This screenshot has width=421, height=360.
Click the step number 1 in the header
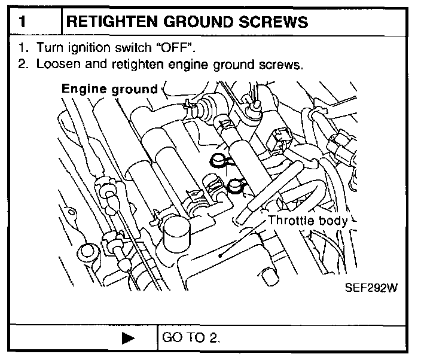click(22, 22)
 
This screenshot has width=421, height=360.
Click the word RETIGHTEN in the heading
click(112, 22)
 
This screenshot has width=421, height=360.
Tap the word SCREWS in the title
click(276, 22)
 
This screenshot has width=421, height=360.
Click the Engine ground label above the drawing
click(109, 89)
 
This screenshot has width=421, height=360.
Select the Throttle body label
click(307, 220)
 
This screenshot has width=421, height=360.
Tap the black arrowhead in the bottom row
click(127, 338)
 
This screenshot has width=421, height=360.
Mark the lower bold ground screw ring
click(234, 187)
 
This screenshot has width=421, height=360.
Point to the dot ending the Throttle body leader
click(221, 255)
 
